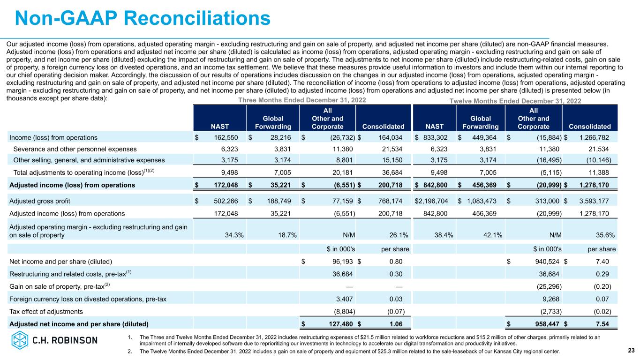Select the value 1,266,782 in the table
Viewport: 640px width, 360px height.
pos(590,138)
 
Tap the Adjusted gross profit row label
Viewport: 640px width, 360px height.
pos(39,201)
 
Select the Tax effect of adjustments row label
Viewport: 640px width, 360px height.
pos(46,311)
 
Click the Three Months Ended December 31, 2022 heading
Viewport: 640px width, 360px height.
pos(302,100)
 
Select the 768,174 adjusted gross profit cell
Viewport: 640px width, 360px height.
pos(390,201)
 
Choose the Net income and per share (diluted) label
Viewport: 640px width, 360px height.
pos(60,261)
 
